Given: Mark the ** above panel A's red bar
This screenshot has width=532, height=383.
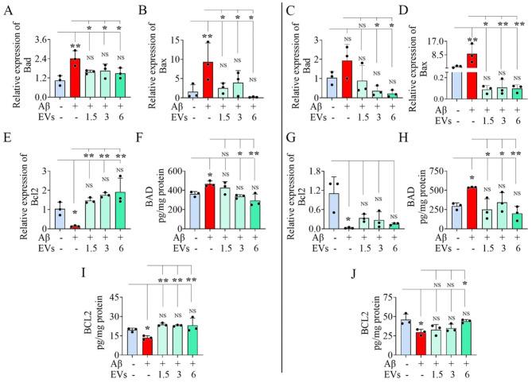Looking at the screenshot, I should tap(74, 48).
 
